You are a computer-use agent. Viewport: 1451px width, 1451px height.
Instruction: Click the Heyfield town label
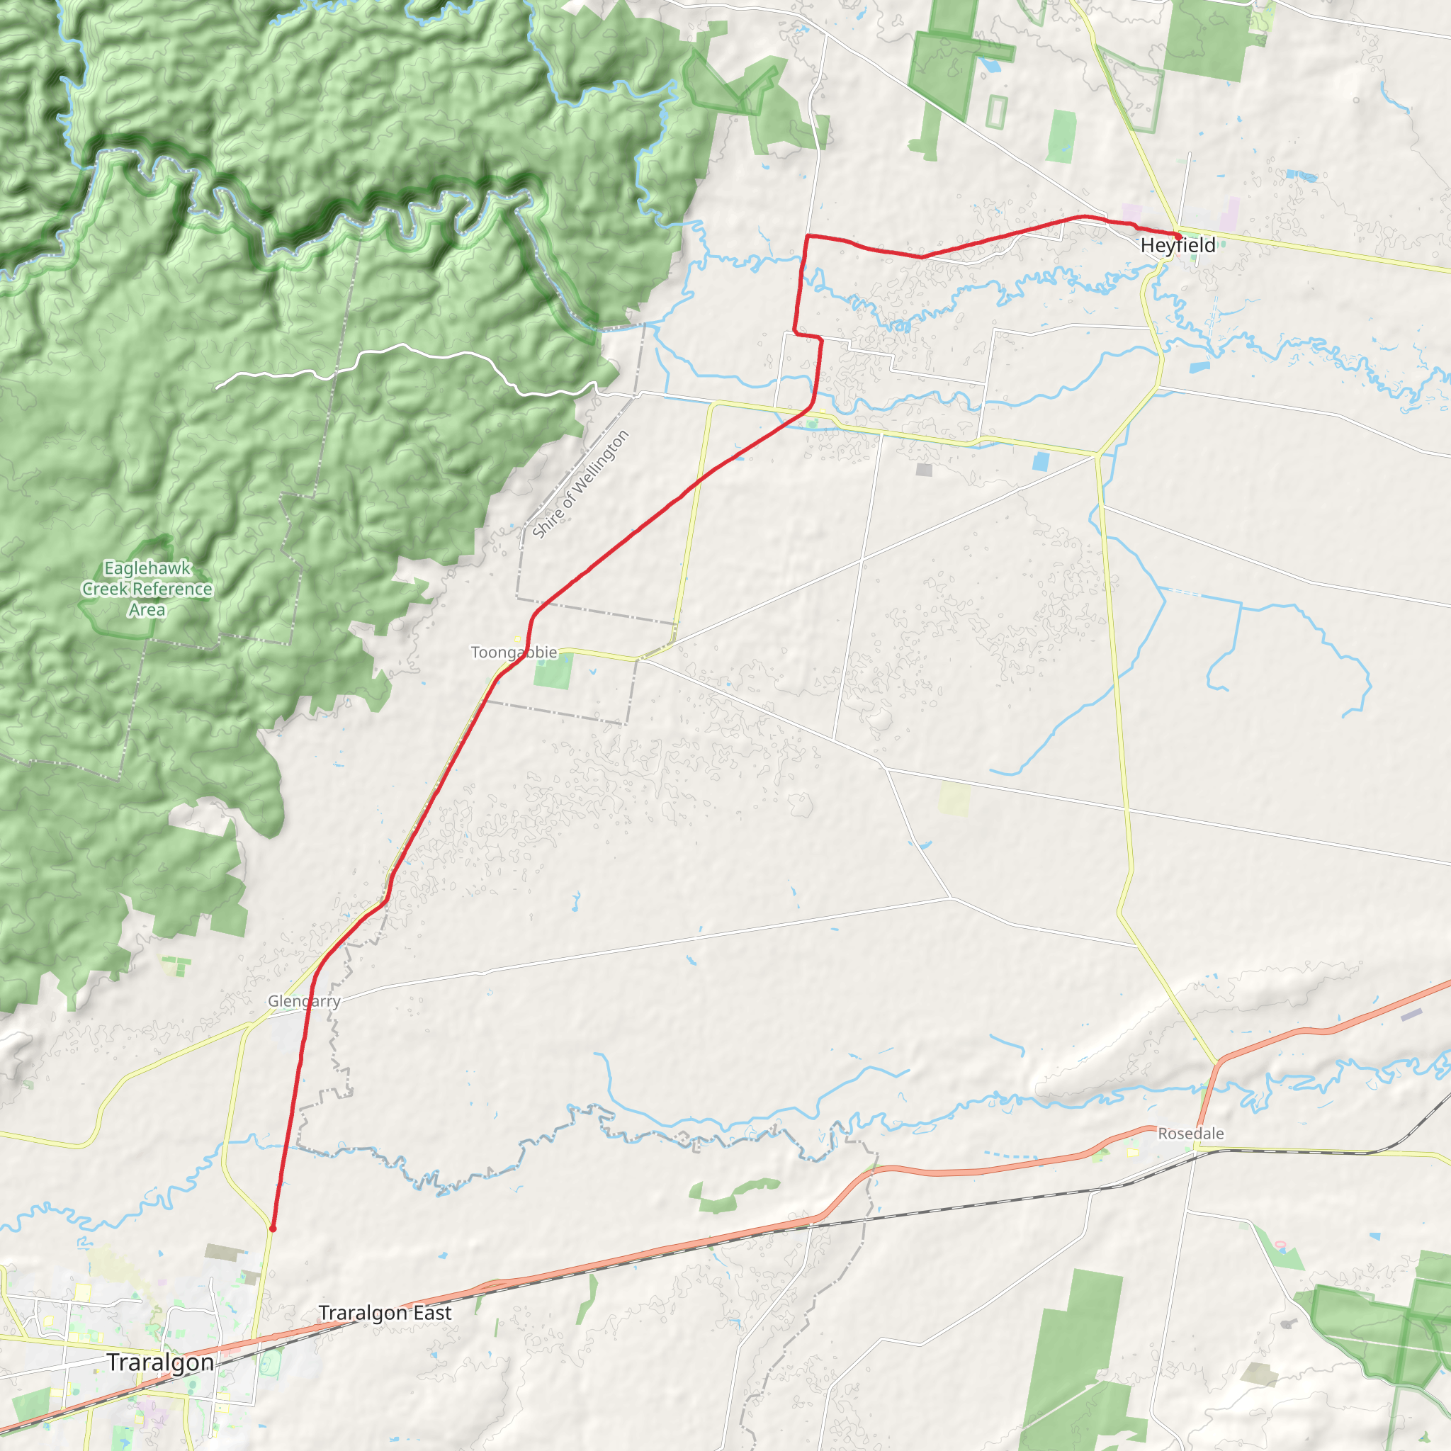[1177, 246]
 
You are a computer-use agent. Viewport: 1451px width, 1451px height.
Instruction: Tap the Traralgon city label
[160, 1362]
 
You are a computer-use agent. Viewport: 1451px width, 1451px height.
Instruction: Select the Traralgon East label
[385, 1313]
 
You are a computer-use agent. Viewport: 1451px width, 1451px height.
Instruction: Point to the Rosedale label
[1190, 1134]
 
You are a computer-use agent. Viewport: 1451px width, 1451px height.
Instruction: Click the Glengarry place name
[304, 1001]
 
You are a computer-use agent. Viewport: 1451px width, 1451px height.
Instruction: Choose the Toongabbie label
[514, 652]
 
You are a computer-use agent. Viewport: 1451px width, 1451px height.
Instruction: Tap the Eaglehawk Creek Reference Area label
[147, 589]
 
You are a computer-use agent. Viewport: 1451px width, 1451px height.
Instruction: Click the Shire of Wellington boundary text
[580, 485]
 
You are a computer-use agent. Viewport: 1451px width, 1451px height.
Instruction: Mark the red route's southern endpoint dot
[273, 1229]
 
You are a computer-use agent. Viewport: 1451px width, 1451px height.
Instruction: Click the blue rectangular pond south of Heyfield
[1199, 367]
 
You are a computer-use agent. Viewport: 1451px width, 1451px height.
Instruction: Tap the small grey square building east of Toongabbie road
[924, 470]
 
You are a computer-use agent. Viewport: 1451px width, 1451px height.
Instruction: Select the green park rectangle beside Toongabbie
[553, 670]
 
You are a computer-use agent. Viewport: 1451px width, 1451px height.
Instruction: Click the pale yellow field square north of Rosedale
[954, 799]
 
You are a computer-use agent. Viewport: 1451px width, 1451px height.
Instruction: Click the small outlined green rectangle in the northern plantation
[996, 111]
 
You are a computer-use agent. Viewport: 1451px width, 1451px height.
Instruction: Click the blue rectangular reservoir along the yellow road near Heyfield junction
[1040, 462]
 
